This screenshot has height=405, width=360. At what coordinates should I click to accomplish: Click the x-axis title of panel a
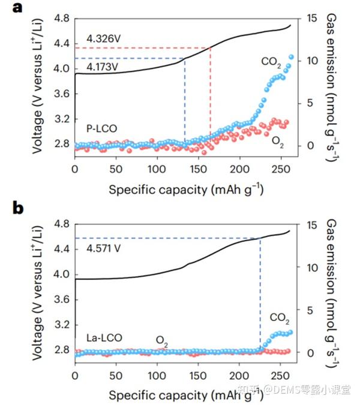(185, 190)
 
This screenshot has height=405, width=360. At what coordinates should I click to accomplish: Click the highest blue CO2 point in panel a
(292, 57)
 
